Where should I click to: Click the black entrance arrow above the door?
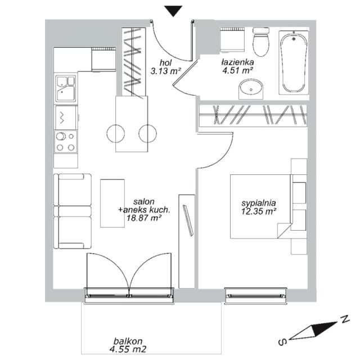tap(174, 11)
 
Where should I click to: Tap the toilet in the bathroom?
tap(261, 42)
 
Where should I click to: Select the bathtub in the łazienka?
tap(294, 62)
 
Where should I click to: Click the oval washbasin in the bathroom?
tap(251, 89)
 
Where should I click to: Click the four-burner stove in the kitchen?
tap(66, 142)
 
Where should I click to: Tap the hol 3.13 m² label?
tap(166, 67)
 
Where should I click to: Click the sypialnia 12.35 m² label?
tap(259, 207)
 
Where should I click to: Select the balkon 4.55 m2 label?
tap(128, 345)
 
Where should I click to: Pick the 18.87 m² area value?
tap(143, 218)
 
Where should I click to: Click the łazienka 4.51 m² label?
tap(237, 66)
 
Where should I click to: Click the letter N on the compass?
tap(345, 319)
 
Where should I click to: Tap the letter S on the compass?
tap(283, 341)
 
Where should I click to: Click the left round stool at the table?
tap(116, 133)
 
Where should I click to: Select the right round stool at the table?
tap(147, 133)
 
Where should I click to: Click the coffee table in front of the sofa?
tap(112, 204)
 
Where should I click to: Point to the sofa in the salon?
tap(73, 211)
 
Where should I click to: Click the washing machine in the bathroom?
tap(232, 40)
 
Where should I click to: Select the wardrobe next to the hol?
tap(134, 61)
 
